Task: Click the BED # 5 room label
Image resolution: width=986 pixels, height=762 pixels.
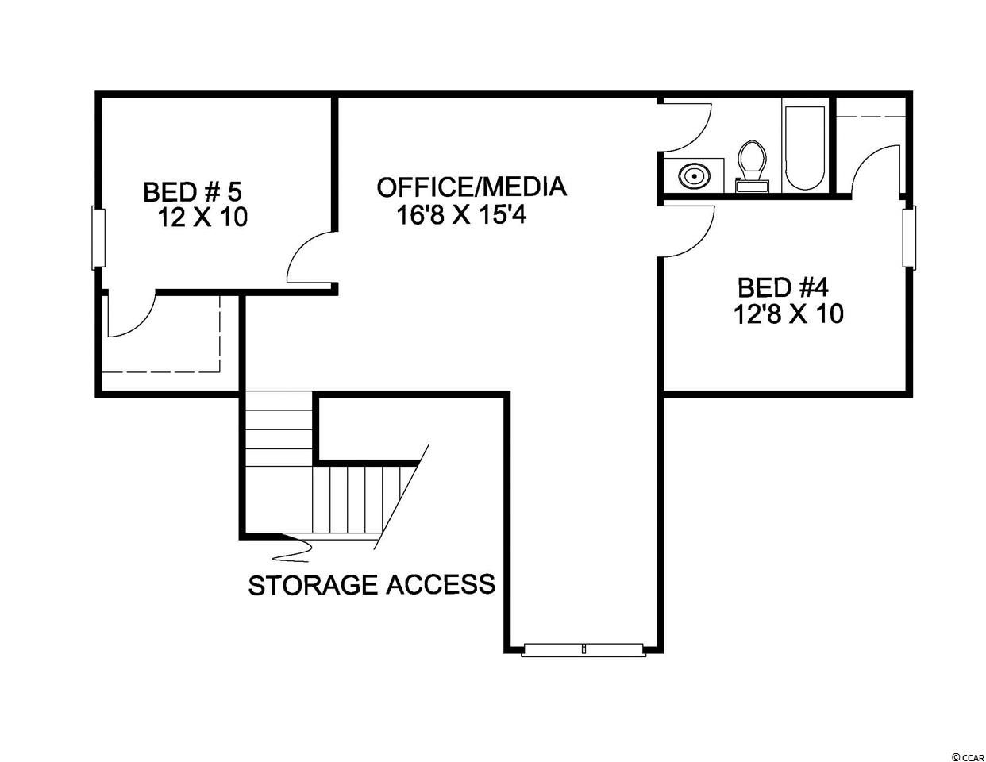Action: (x=192, y=191)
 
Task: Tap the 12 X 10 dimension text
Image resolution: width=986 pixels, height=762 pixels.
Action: (x=202, y=217)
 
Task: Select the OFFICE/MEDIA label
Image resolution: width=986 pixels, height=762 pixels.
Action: (x=472, y=187)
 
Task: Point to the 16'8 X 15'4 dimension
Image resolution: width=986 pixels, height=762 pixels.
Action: (x=461, y=214)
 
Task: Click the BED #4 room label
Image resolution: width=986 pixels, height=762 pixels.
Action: (x=783, y=287)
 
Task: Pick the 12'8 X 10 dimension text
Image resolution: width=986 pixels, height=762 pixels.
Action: (x=788, y=314)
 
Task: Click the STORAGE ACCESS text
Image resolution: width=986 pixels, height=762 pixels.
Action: (x=372, y=584)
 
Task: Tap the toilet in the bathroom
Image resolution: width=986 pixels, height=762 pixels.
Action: (x=752, y=166)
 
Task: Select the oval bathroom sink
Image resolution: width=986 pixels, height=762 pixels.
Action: (x=693, y=175)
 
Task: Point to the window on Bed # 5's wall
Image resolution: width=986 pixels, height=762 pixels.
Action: (x=98, y=239)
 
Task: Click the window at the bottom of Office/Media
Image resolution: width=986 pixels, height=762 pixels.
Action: (x=583, y=649)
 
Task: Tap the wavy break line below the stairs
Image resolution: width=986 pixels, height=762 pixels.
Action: (x=293, y=549)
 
